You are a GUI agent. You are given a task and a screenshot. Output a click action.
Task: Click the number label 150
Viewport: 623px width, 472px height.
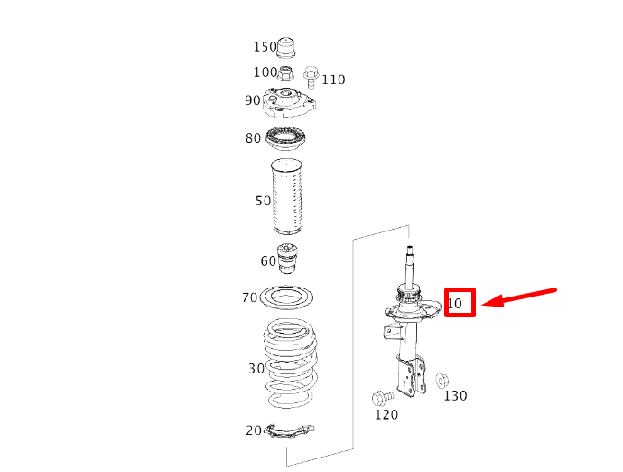click(x=265, y=47)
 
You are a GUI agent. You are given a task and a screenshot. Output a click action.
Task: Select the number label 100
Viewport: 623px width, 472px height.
click(x=265, y=72)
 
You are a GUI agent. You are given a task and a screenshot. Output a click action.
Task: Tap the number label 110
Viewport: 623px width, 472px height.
click(x=333, y=80)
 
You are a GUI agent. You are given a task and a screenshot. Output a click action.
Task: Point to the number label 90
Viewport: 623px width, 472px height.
click(x=252, y=100)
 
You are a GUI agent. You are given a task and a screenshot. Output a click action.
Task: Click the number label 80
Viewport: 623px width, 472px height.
click(x=253, y=138)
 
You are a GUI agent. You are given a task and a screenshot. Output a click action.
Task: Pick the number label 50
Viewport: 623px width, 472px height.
click(x=263, y=201)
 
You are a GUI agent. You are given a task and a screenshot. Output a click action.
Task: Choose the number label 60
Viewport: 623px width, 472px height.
click(x=268, y=261)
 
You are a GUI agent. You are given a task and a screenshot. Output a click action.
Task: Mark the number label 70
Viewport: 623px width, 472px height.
click(x=249, y=297)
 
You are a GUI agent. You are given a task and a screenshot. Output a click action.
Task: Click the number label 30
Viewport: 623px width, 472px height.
click(x=256, y=368)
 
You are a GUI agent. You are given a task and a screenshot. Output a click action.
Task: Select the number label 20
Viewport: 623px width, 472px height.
click(x=254, y=430)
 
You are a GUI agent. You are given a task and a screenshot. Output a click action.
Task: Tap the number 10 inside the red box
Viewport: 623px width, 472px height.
click(x=455, y=304)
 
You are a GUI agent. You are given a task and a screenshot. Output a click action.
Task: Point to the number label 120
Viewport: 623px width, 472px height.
click(x=386, y=414)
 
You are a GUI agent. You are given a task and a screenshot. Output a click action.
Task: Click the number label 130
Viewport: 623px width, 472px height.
click(x=455, y=395)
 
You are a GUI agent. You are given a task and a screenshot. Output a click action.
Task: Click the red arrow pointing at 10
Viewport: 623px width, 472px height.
click(x=525, y=297)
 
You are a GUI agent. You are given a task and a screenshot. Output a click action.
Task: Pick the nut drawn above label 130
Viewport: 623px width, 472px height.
click(x=442, y=380)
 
